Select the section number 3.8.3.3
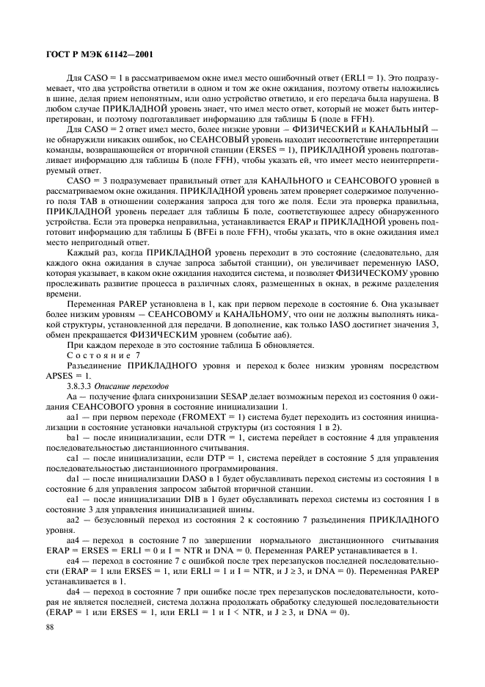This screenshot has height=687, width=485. pyautogui.click(x=81, y=385)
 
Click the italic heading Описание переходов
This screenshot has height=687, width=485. pyautogui.click(x=135, y=385)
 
